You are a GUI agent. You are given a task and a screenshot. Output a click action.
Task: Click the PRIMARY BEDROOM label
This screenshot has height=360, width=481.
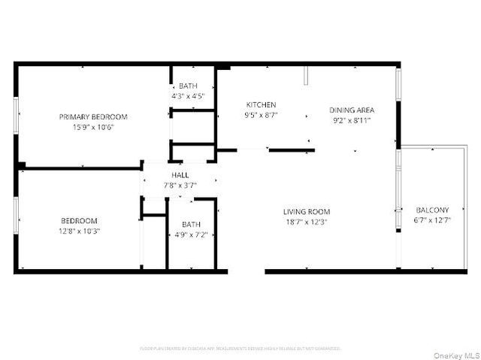[93, 116]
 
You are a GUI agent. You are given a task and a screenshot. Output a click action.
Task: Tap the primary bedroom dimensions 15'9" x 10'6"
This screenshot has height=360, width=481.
[93, 127]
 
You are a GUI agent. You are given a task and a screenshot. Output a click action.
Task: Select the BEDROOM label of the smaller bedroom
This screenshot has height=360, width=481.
[79, 220]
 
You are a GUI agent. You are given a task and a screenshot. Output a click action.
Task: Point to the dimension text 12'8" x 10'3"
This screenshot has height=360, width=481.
[79, 231]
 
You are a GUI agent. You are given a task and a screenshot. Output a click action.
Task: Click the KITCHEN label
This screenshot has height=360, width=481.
[261, 104]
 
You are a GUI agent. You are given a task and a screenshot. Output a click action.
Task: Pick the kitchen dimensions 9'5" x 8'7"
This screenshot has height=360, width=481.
[261, 115]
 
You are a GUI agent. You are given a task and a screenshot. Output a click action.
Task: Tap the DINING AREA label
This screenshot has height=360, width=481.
[352, 110]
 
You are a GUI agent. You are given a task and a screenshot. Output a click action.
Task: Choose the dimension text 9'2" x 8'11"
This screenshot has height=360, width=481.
[352, 120]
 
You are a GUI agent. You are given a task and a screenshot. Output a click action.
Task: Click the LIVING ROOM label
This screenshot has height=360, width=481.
[307, 211]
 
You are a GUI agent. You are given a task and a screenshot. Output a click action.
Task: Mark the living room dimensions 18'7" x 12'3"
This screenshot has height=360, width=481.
[307, 222]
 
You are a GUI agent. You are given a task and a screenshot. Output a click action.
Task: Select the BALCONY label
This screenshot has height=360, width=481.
[432, 210]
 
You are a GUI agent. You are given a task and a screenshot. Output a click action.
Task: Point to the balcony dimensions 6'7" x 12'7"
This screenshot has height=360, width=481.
[432, 220]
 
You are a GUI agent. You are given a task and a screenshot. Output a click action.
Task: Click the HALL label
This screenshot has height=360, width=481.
[180, 175]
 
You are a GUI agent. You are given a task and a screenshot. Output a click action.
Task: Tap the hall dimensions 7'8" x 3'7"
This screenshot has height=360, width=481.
[180, 185]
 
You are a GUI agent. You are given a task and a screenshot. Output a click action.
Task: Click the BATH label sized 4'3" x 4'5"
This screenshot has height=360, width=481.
[188, 86]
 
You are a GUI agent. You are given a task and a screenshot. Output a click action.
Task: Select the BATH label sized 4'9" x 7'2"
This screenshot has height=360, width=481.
[191, 224]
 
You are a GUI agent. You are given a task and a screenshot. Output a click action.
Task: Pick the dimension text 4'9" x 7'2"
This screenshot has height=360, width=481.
[191, 234]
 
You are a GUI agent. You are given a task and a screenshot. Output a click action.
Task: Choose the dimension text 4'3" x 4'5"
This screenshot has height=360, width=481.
[188, 96]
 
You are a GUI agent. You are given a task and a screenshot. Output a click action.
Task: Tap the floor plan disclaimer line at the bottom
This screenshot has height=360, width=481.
[240, 349]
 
